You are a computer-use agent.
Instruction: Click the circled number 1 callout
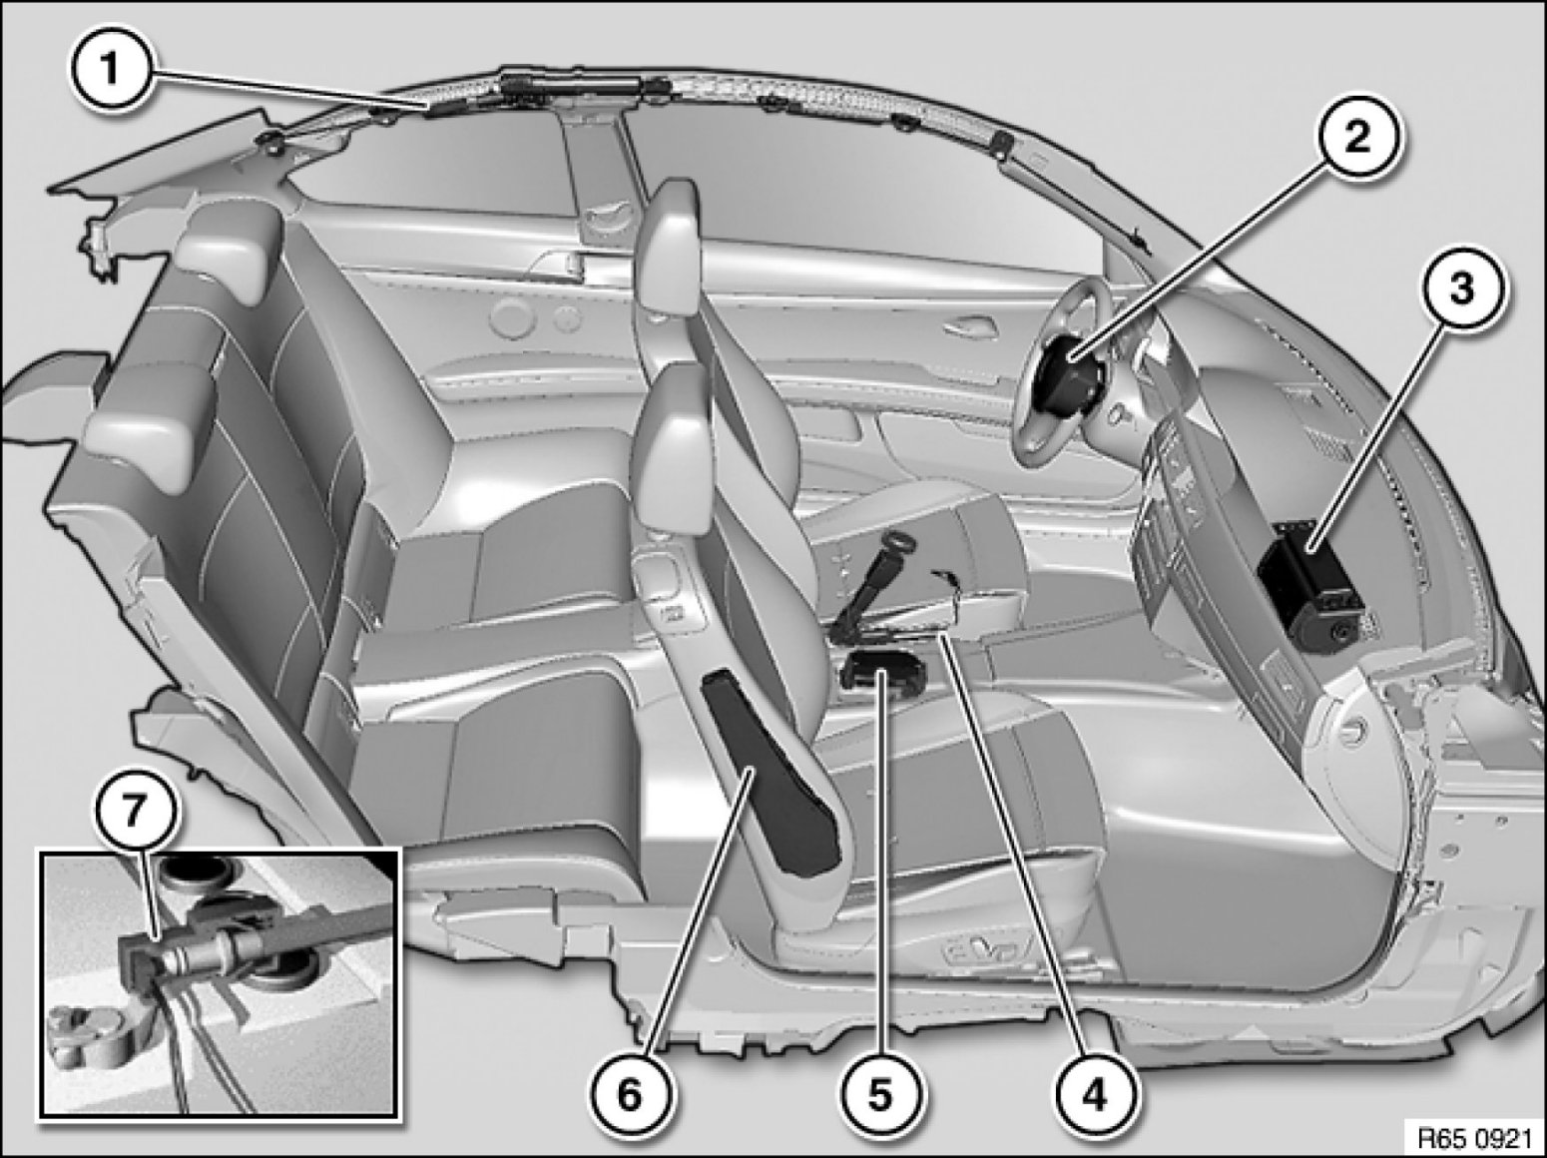coord(109,71)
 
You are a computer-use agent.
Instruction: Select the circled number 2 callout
coord(1356,138)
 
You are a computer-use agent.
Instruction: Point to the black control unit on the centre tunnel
coord(882,672)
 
